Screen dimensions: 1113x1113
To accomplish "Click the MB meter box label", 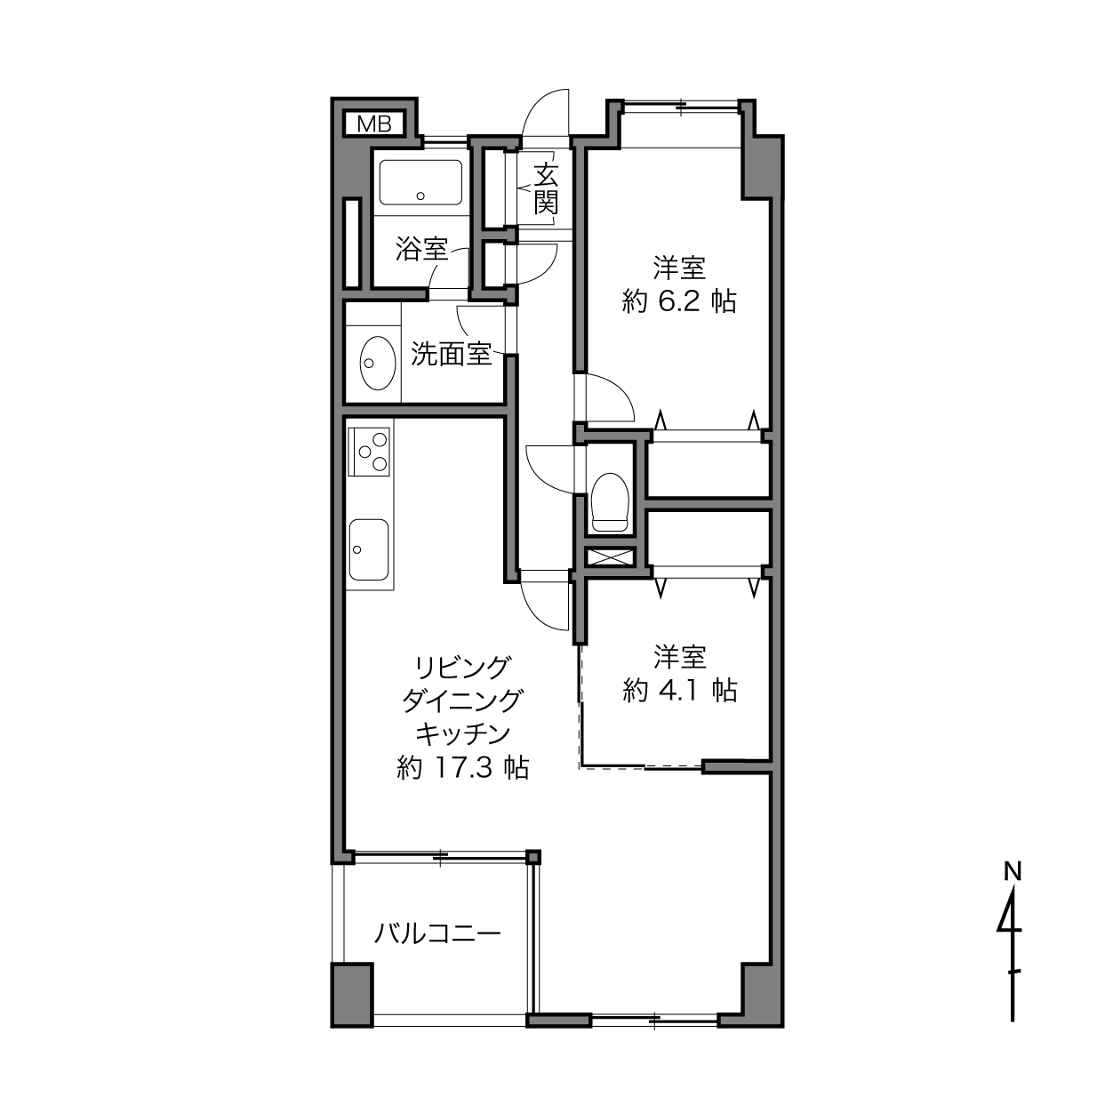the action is tap(373, 124).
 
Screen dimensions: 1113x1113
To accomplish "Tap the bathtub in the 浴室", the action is tap(420, 182).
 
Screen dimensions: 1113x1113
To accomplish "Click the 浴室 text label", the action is tap(421, 248).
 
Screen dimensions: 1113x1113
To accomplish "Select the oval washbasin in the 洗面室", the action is tap(378, 364).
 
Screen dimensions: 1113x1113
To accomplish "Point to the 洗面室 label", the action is tap(451, 354).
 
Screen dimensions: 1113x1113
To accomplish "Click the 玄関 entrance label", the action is tap(546, 188).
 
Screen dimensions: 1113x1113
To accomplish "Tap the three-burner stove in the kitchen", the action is tap(369, 452).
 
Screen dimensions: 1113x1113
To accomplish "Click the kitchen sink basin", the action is tap(369, 549).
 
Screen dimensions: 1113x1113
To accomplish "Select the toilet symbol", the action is tap(610, 502).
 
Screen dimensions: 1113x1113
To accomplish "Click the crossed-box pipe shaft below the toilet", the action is tap(610, 557).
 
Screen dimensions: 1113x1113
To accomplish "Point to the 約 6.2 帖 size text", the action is tap(679, 301).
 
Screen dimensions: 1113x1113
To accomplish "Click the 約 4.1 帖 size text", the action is tap(680, 690).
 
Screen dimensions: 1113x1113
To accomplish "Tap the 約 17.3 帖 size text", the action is tap(462, 767).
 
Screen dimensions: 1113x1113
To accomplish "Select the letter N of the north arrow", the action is tap(1012, 871).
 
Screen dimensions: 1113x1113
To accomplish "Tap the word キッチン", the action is tap(462, 734).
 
